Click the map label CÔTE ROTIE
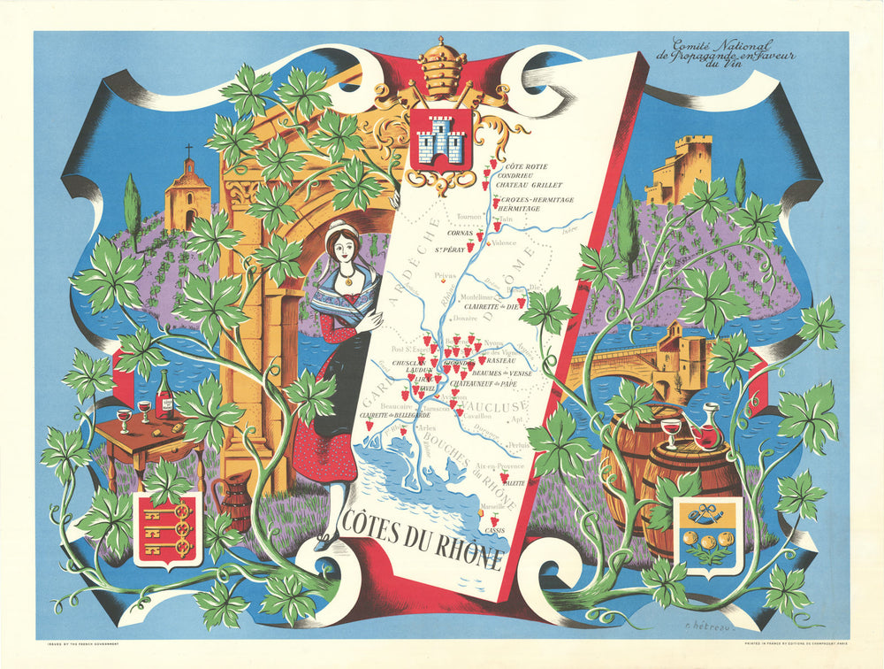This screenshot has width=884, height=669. (521, 166)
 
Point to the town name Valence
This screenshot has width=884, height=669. (504, 242)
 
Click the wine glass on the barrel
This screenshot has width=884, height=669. (671, 434)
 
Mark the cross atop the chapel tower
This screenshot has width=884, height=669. (187, 151)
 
